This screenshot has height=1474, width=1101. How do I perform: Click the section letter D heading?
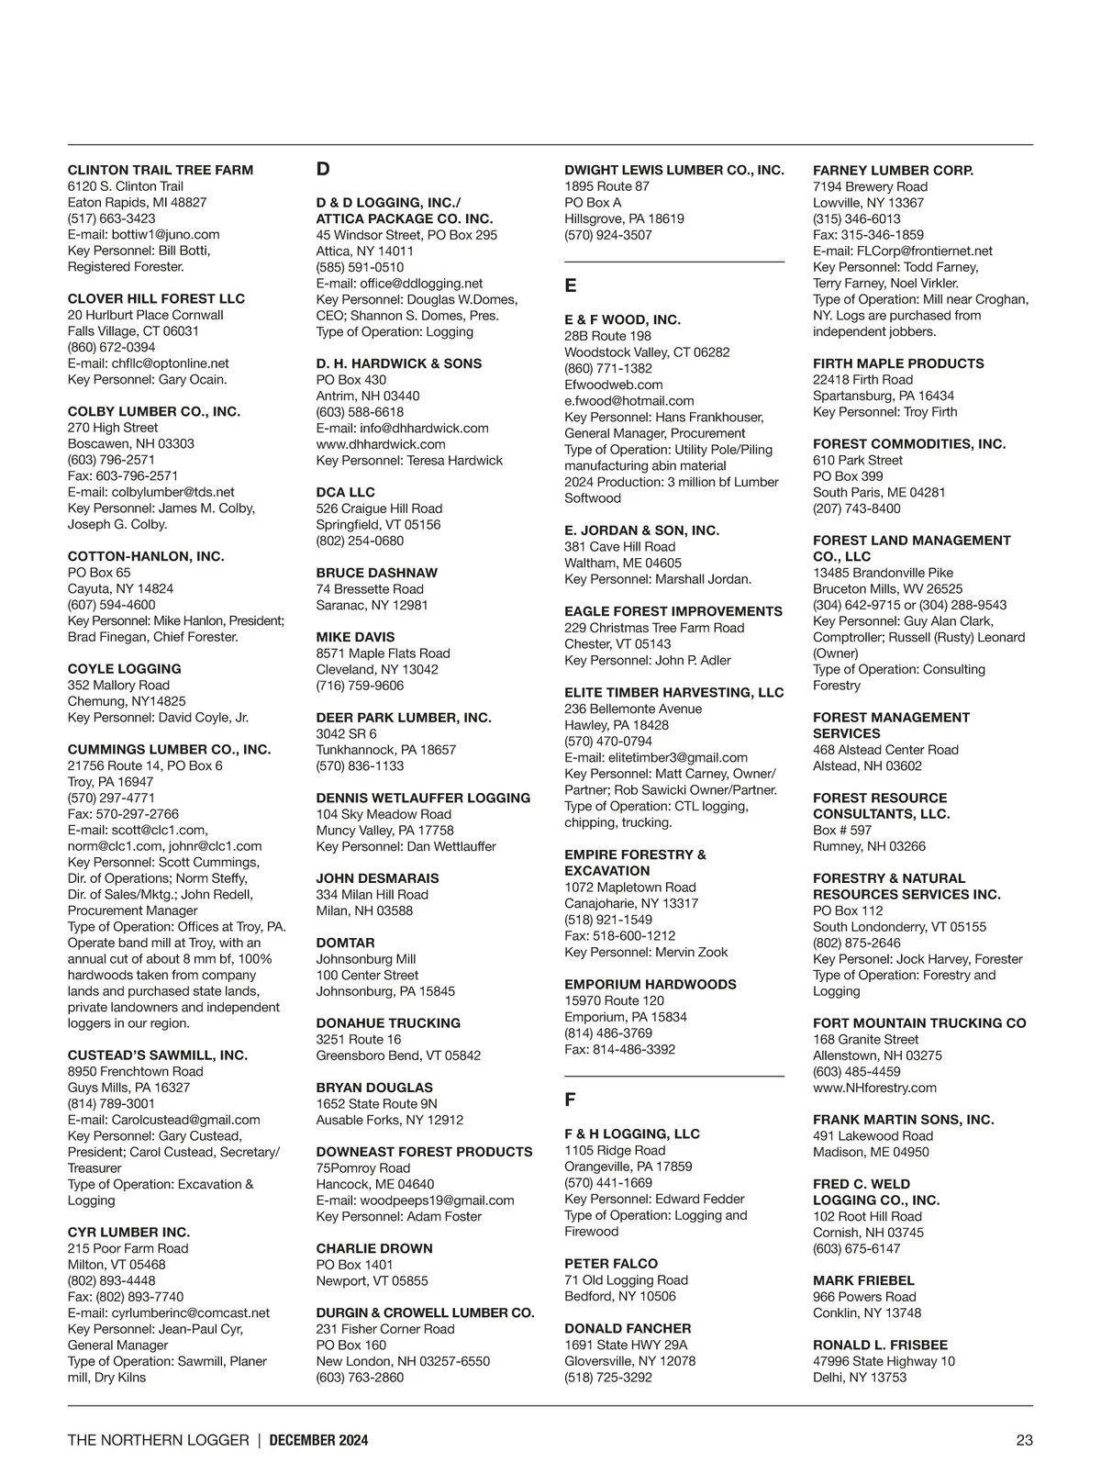323,169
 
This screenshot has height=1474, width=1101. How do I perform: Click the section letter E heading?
570,286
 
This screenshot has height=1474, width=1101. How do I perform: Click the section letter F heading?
570,1100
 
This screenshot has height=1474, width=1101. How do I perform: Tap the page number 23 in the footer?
1024,1440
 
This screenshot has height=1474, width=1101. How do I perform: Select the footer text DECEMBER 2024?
318,1440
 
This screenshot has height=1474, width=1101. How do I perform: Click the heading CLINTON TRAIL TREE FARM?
161,170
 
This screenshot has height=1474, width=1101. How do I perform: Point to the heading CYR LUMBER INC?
128,1232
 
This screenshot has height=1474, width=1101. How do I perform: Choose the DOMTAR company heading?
345,943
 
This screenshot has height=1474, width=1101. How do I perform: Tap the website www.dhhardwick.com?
381,444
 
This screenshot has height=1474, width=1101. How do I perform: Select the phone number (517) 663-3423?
111,218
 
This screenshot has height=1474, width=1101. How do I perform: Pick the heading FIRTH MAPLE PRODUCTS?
898,363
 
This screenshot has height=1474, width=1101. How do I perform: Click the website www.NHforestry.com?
874,1088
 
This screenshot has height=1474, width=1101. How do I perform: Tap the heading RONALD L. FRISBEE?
880,1345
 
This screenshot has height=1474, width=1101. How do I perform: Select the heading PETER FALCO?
611,1264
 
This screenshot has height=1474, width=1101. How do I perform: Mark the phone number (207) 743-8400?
856,508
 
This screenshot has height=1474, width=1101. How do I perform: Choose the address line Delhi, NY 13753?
859,1378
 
